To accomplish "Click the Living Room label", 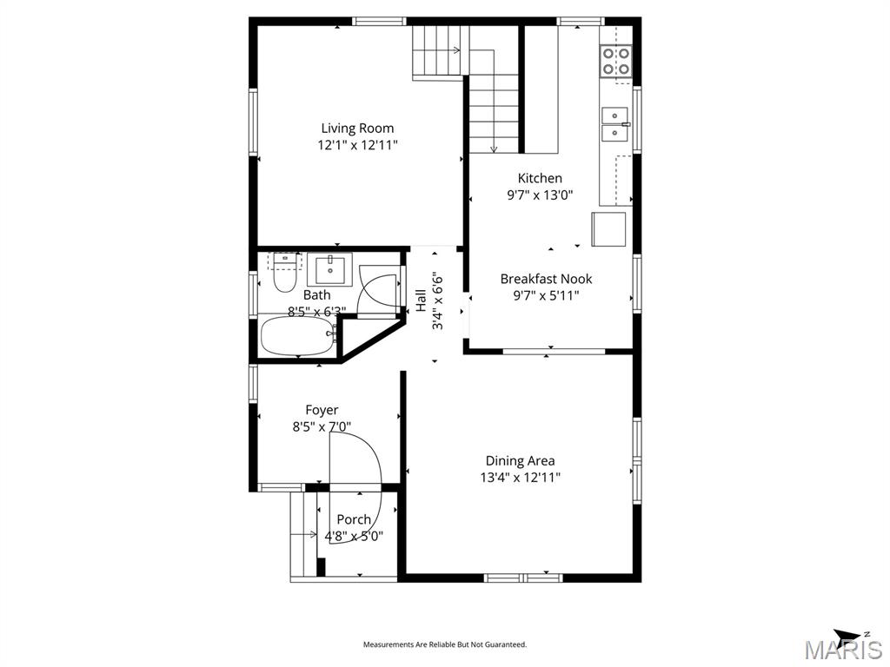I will click(357, 129).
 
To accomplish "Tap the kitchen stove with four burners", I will click(616, 60).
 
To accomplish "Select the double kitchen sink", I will click(615, 123).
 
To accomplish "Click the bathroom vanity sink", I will click(329, 270).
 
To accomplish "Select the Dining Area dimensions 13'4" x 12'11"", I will click(520, 478).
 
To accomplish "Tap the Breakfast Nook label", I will click(546, 279).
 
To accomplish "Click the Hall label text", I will click(421, 300).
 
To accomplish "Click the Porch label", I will click(354, 519).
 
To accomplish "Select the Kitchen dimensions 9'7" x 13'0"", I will click(540, 195).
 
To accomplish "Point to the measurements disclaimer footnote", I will click(444, 644).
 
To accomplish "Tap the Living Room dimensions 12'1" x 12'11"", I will click(357, 146).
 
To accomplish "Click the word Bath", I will click(316, 295).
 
